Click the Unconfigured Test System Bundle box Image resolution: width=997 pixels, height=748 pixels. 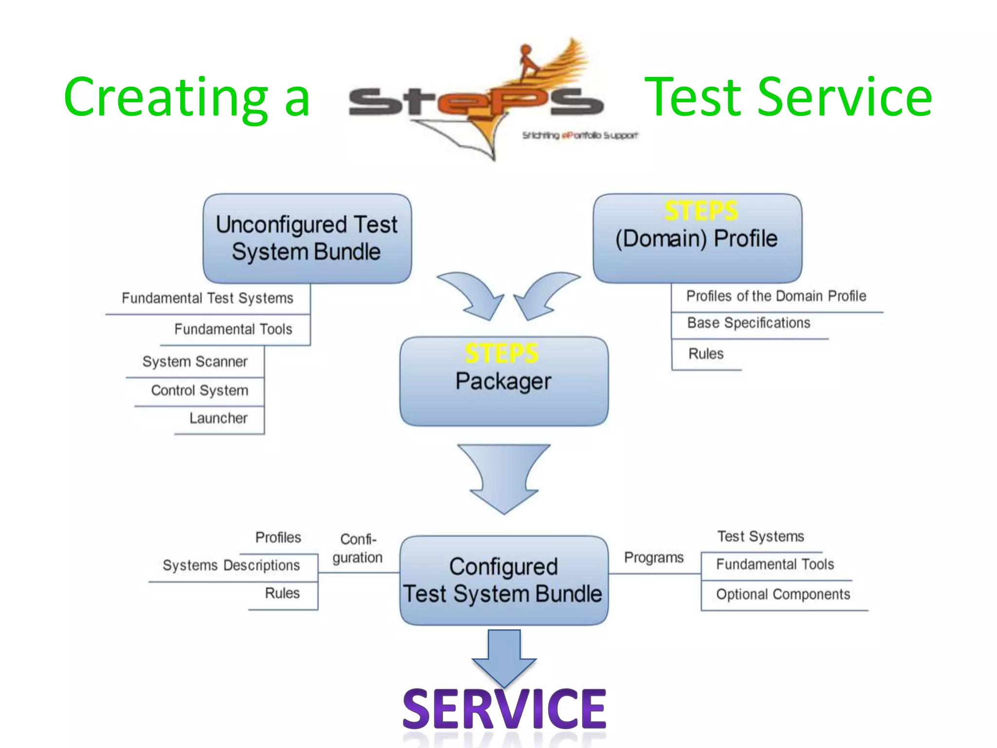[307, 239]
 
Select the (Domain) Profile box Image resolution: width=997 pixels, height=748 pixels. [697, 239]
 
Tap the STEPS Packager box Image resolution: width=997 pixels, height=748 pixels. [504, 381]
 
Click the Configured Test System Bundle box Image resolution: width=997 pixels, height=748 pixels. [504, 580]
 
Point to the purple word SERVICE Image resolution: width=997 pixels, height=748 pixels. [504, 709]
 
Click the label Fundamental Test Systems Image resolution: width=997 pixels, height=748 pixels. [207, 298]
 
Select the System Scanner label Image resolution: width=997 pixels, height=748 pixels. [195, 362]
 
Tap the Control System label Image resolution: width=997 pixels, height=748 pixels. [200, 391]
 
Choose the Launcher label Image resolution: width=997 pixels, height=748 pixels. [219, 418]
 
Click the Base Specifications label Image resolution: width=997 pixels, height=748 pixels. [749, 323]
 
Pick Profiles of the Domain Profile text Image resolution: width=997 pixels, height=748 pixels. [776, 296]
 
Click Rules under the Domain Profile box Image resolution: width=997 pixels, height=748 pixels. [706, 354]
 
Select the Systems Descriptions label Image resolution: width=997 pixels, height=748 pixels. [231, 565]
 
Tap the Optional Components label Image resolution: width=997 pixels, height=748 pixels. [783, 595]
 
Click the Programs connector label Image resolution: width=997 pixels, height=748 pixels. [654, 558]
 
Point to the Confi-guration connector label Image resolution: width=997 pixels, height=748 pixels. [358, 548]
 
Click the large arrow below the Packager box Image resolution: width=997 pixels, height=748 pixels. [504, 477]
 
